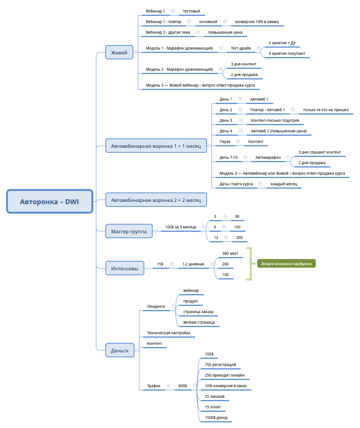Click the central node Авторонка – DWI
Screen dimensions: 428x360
49,202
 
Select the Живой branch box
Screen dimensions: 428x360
119,52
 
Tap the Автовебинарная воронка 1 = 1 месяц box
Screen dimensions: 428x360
156,146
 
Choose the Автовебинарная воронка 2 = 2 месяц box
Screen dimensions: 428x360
156,200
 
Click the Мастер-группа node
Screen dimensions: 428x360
129,231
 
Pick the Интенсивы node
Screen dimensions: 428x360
125,268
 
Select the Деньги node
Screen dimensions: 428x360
120,350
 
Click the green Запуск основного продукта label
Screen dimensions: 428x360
286,264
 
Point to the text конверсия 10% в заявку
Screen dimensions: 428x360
257,22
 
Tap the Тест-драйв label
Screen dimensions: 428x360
241,48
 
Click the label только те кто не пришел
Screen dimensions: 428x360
326,110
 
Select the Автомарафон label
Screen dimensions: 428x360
268,157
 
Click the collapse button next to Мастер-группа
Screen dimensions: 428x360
155,231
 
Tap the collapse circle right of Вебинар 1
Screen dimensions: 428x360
173,11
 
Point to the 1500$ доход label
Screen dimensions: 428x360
216,417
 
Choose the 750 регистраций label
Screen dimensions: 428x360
220,364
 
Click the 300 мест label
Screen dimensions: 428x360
230,253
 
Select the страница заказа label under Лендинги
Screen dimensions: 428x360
198,312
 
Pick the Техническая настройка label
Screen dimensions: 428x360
168,333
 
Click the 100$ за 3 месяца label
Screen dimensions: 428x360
181,227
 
